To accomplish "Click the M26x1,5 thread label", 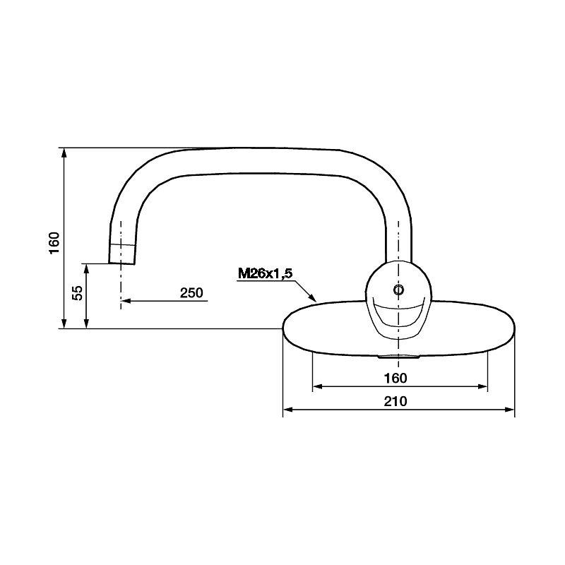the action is pos(266,274).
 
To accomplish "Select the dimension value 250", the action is pos(191,292).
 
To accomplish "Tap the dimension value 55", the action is pos(78,292).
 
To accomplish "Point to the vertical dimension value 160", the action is pos(54,243).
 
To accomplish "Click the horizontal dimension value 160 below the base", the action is pos(395,378).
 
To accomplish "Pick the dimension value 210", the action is pos(395,401).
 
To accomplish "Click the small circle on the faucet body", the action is pos(398,290).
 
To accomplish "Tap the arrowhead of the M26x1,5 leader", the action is pos(313,298).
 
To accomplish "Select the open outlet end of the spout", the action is pos(121,263).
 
